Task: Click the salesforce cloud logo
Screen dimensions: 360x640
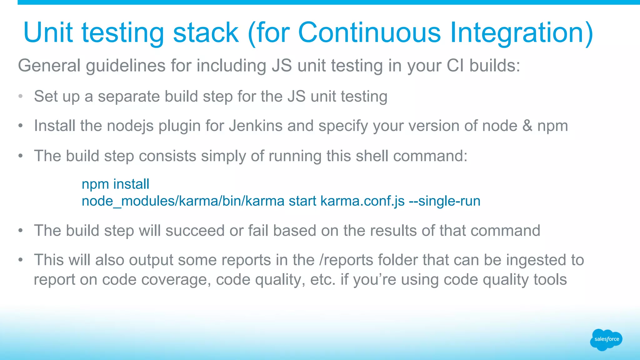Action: [606, 339]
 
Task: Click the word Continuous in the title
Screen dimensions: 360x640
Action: [369, 32]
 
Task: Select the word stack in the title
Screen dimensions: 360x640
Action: [206, 32]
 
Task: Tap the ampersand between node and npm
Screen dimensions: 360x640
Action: [527, 126]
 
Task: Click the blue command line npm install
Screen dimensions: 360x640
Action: [115, 184]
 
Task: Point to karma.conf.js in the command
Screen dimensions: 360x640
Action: [362, 201]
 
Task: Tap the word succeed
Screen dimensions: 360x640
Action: [195, 231]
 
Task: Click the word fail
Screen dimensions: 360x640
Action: [258, 231]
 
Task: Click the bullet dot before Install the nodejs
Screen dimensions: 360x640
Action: [21, 126]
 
